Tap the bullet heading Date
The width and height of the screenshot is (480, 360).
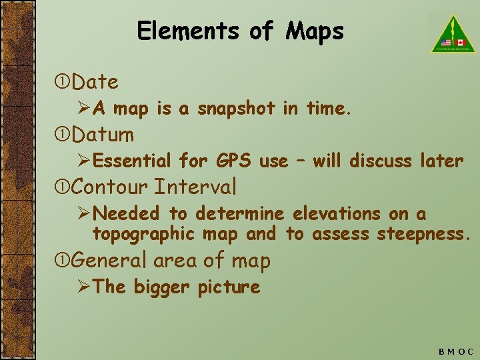pyautogui.click(x=95, y=83)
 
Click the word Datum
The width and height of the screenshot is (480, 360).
pyautogui.click(x=103, y=135)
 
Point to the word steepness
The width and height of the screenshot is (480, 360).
pyautogui.click(x=424, y=234)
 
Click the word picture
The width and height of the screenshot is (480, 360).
pyautogui.click(x=229, y=287)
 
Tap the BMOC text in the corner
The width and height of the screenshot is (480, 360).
pyautogui.click(x=455, y=351)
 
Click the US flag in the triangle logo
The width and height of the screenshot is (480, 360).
pyautogui.click(x=445, y=42)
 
